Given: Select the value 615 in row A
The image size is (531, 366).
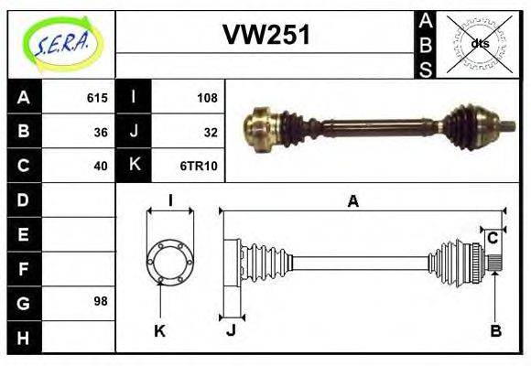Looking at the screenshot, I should point(97,98).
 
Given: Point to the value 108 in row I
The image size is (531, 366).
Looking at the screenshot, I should point(207,98).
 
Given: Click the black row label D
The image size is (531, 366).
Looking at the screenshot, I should point(23,199).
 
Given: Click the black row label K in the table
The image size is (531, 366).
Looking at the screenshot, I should point(134,166).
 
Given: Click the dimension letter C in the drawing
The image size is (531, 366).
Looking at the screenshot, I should point(492,238).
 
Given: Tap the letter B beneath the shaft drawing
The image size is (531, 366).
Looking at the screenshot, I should point(495,330).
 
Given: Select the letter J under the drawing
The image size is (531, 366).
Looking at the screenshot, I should point(231,330).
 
